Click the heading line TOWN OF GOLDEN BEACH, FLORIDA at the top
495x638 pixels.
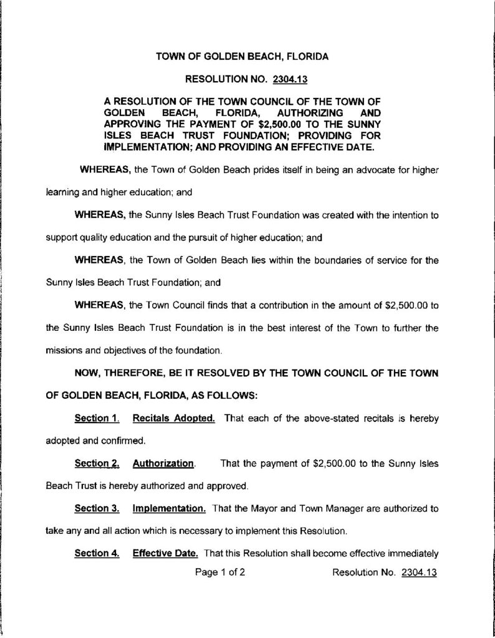tap(242, 57)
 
